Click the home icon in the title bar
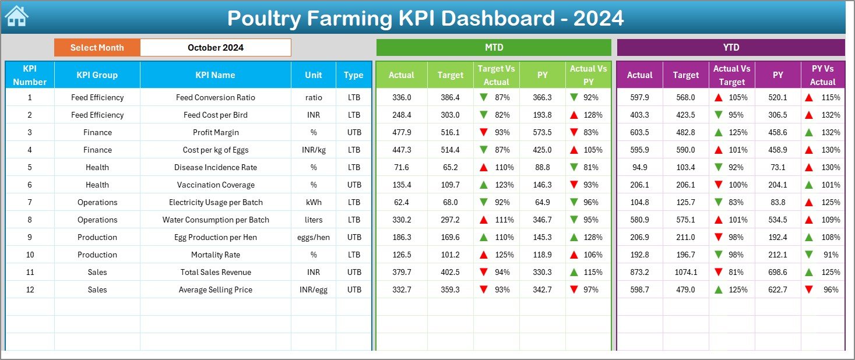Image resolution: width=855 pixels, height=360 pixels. point(16,16)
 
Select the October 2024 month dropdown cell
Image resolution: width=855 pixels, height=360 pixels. point(216,48)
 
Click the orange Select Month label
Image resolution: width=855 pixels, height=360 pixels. point(97,48)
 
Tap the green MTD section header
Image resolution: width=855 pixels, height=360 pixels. point(494,48)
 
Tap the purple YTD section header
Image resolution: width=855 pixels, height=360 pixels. point(731,48)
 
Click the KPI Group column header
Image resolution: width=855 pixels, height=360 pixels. point(97,75)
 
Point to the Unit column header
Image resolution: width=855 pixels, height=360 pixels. point(314,75)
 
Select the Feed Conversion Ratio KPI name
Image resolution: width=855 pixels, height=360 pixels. point(216,97)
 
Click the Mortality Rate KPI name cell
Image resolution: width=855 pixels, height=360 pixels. point(216,255)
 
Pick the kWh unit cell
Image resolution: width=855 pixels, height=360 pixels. point(314,202)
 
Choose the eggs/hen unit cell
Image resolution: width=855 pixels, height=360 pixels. point(314,237)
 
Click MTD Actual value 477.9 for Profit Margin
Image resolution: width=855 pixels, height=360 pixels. point(402,132)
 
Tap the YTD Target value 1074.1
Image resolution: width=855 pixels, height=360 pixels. point(685,272)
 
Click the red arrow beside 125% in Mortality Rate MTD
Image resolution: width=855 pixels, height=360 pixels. point(483,255)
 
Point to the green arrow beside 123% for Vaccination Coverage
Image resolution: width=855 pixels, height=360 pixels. point(483,185)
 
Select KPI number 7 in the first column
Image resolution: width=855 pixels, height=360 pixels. point(30,202)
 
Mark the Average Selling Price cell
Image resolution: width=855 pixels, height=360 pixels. point(216,290)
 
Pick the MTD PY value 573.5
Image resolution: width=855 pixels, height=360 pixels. point(542,132)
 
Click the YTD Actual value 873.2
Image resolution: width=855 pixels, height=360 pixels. point(639,272)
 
